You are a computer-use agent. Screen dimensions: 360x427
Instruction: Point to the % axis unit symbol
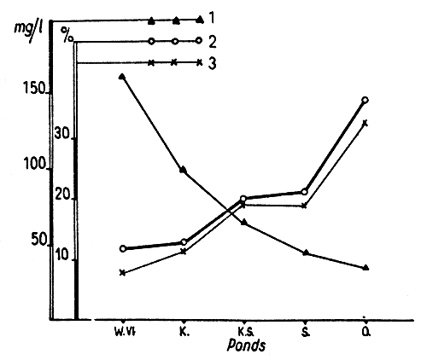pyautogui.click(x=67, y=37)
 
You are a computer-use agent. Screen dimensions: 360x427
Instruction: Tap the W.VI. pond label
pyautogui.click(x=122, y=329)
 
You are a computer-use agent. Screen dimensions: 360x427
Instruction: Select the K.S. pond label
pyautogui.click(x=244, y=329)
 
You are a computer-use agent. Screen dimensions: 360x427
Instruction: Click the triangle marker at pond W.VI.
pyautogui.click(x=122, y=77)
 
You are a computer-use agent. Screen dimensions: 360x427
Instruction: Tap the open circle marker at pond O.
pyautogui.click(x=365, y=100)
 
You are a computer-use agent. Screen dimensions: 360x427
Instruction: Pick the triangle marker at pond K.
pyautogui.click(x=184, y=170)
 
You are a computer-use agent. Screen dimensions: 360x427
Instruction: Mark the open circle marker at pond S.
pyautogui.click(x=304, y=192)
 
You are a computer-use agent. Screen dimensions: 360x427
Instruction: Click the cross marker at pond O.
pyautogui.click(x=365, y=123)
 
